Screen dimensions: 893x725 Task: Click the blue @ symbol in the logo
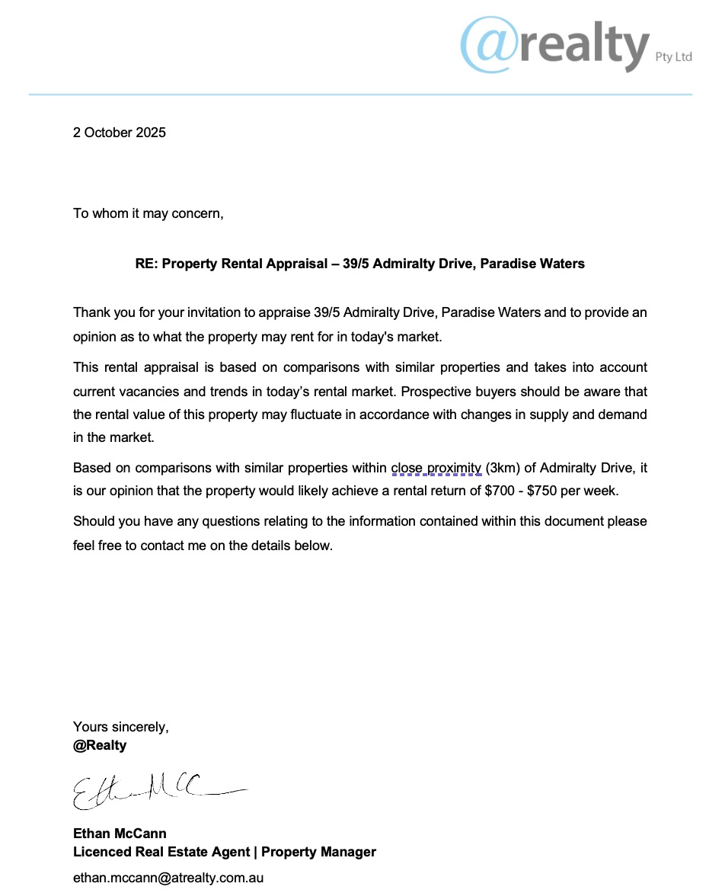[489, 46]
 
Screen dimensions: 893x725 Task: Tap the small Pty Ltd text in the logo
[673, 57]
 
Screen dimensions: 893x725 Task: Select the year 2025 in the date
[151, 133]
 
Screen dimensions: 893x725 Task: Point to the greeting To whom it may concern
[149, 213]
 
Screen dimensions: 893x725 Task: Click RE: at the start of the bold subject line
[146, 264]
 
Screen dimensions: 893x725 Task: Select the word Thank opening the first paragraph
[91, 313]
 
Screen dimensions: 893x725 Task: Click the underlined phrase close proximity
[436, 468]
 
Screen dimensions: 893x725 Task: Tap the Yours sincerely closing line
[120, 727]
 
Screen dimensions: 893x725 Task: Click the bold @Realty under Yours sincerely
[100, 745]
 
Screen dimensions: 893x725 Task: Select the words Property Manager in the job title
[318, 852]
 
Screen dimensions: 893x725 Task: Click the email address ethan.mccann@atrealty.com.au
[168, 878]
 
